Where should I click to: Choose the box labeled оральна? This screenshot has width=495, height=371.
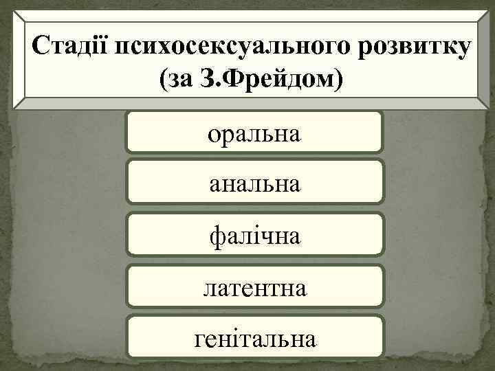(254, 132)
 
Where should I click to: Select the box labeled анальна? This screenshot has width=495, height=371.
(254, 183)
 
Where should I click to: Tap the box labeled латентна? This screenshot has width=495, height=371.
(254, 287)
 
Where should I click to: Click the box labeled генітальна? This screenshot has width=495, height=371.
(254, 337)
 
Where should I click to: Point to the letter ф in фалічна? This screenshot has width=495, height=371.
(215, 237)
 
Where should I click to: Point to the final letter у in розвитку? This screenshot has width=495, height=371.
(465, 49)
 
